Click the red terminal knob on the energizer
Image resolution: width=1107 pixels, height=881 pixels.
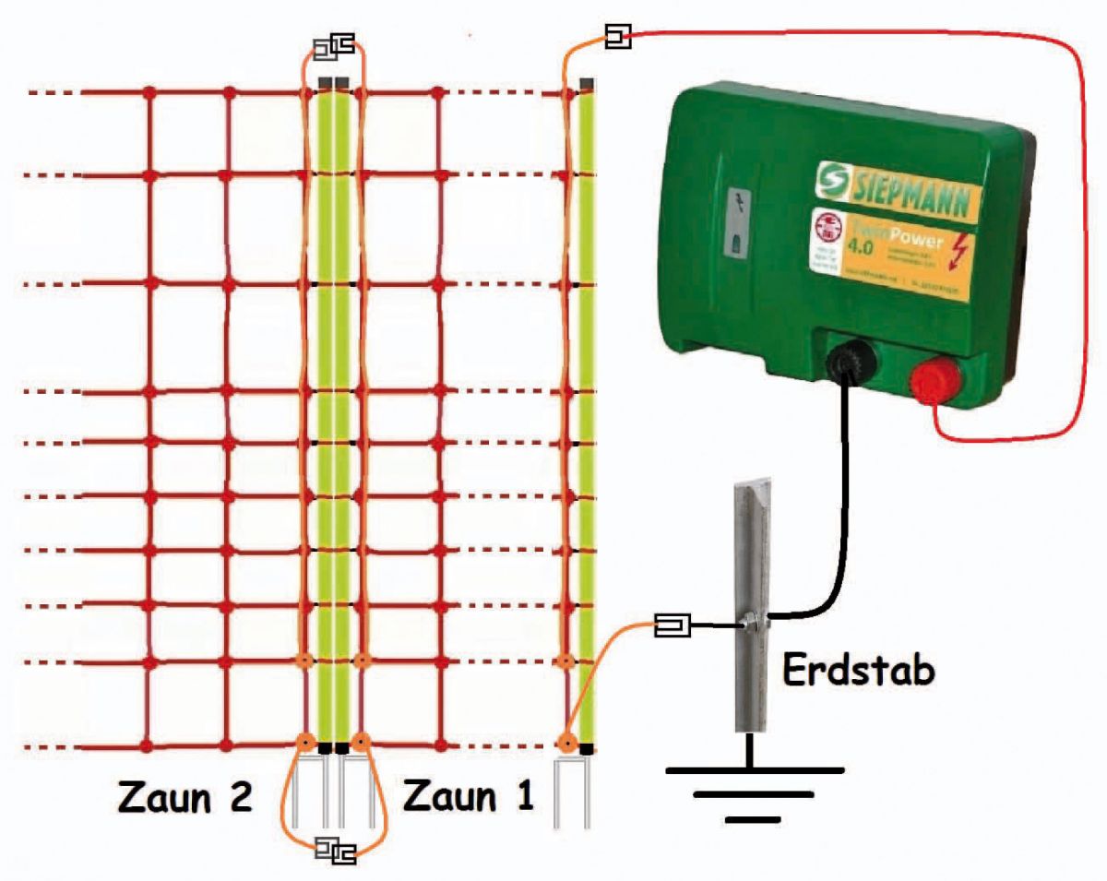(x=935, y=381)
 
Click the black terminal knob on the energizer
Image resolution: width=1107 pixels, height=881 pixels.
(x=847, y=362)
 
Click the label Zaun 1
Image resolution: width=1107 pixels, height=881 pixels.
(x=469, y=795)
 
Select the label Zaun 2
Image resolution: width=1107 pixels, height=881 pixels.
(x=184, y=795)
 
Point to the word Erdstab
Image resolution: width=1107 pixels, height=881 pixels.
(x=857, y=671)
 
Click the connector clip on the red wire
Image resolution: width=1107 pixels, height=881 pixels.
(x=617, y=38)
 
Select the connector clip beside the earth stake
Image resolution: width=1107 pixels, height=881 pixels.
(x=672, y=626)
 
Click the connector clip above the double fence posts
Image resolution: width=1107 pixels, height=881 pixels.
(x=333, y=45)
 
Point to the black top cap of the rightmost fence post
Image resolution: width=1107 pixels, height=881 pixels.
(x=586, y=84)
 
